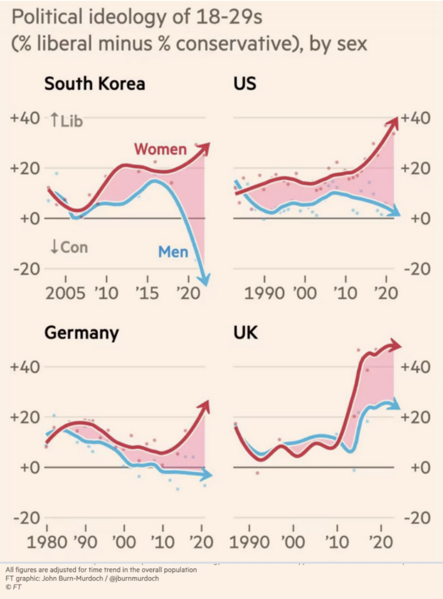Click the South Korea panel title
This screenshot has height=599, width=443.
pos(95,83)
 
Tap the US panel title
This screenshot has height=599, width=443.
pos(245,83)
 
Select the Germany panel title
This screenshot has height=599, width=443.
pos(82,332)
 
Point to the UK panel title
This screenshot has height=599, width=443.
pos(246,332)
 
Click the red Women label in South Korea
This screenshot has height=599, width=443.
pos(160,149)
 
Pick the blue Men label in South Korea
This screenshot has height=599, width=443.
pos(173,252)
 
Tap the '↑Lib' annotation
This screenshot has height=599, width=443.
pos(67,121)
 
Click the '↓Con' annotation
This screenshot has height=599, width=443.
pos(69,247)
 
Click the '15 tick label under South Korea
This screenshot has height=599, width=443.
pos(146,293)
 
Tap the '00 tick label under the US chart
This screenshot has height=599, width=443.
pos(305,293)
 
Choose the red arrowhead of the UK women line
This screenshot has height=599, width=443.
pos(396,345)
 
